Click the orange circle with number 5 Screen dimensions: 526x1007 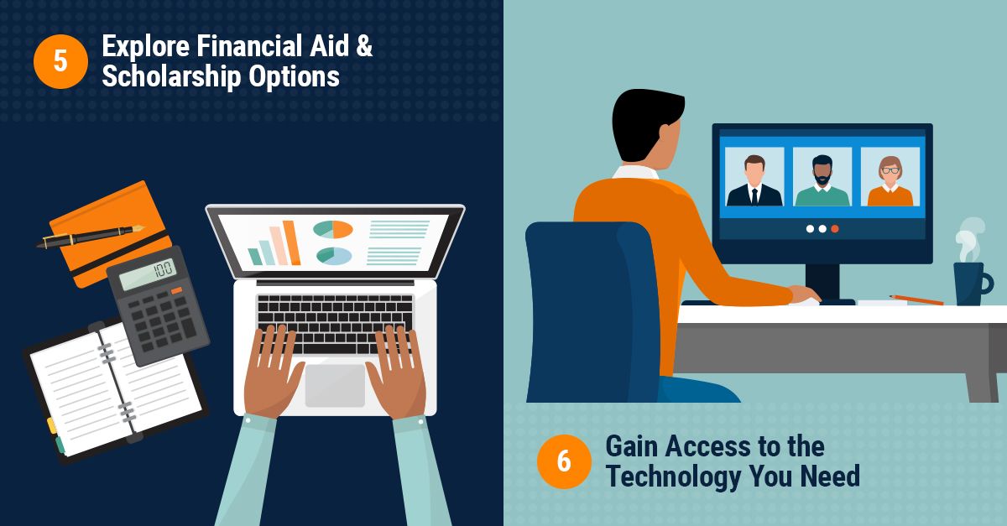(60, 61)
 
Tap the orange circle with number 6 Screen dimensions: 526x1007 (564, 461)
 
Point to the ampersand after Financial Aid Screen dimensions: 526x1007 (363, 45)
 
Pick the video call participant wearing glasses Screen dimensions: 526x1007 (890, 178)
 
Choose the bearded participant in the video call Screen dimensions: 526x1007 (822, 178)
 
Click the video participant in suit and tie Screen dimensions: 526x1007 (754, 178)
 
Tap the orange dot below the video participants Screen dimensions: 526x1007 (835, 228)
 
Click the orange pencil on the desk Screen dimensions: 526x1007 (916, 299)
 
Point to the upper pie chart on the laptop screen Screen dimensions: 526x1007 (333, 229)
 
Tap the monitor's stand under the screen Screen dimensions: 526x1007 (822, 281)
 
